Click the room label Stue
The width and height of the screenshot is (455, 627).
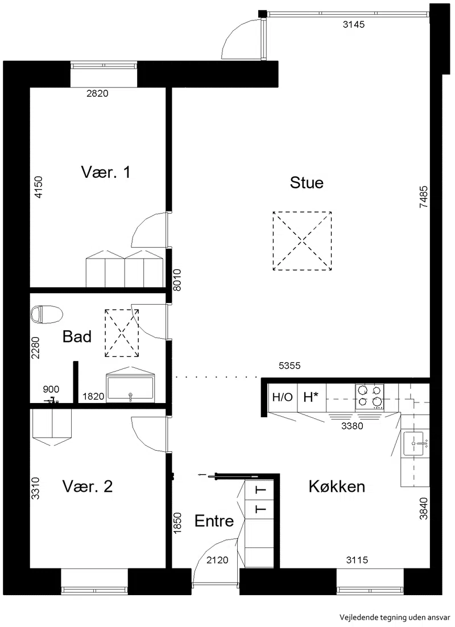(307, 182)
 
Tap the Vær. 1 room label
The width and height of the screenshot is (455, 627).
(106, 172)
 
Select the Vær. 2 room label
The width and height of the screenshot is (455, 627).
(88, 487)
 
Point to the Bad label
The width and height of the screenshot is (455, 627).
(77, 337)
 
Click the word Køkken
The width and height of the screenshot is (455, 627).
(337, 487)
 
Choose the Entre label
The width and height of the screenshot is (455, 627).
(214, 521)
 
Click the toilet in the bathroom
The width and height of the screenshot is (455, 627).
(47, 314)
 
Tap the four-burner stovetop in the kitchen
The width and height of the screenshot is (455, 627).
(369, 396)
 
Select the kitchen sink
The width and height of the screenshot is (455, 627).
(415, 443)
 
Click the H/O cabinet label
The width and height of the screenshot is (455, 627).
(283, 397)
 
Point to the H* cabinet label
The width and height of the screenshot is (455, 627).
(311, 397)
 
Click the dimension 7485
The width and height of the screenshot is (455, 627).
(423, 197)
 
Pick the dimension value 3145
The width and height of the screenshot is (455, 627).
(354, 24)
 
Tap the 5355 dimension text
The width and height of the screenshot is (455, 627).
(289, 366)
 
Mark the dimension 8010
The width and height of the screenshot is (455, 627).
(177, 280)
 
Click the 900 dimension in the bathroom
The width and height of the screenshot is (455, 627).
(51, 389)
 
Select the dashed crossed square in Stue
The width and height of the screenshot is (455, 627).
(302, 240)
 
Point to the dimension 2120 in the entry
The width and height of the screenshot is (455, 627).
(217, 560)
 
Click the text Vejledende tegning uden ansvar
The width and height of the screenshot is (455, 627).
(395, 617)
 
